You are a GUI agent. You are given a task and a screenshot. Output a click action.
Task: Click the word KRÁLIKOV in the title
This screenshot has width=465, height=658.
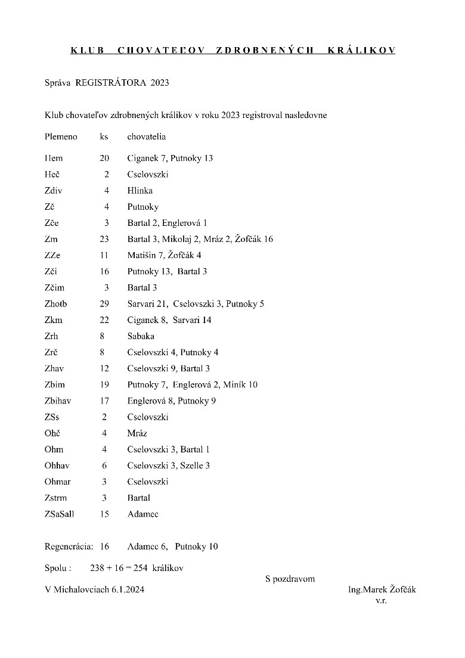coord(361,50)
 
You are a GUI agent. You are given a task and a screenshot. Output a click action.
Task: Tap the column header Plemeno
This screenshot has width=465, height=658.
coord(61,136)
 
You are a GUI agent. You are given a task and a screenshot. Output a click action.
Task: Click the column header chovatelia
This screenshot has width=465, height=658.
coord(147,136)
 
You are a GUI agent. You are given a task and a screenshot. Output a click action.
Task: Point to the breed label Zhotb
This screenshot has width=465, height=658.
coord(56,303)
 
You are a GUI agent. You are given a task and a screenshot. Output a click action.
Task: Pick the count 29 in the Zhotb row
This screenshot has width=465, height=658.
coord(104,303)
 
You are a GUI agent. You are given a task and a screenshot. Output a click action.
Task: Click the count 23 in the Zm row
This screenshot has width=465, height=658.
coord(104,239)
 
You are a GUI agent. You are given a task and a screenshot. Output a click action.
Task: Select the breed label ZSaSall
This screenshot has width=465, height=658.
coord(60,513)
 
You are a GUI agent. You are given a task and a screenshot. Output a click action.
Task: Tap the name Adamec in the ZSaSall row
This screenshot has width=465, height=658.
coord(143,513)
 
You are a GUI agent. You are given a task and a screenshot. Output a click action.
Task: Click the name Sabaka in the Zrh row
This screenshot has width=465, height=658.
coord(141,336)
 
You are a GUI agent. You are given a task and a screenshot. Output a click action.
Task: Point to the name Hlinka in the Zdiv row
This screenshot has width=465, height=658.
coord(140,191)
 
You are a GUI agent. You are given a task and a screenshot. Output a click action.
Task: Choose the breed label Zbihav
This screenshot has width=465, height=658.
coord(58,401)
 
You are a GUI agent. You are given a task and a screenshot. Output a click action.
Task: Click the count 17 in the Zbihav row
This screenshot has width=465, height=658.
coord(104,401)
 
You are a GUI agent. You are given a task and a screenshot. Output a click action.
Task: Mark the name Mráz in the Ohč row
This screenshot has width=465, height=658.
coord(137,433)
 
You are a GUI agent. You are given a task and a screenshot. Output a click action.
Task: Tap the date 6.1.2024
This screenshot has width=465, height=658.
coord(128,590)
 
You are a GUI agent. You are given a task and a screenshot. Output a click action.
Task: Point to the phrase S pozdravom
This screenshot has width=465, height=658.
coord(290,579)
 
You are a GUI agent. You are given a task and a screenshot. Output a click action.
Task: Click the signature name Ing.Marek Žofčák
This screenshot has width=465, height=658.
coord(382,590)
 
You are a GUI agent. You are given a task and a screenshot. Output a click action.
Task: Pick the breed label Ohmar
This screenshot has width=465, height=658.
coord(57,481)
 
